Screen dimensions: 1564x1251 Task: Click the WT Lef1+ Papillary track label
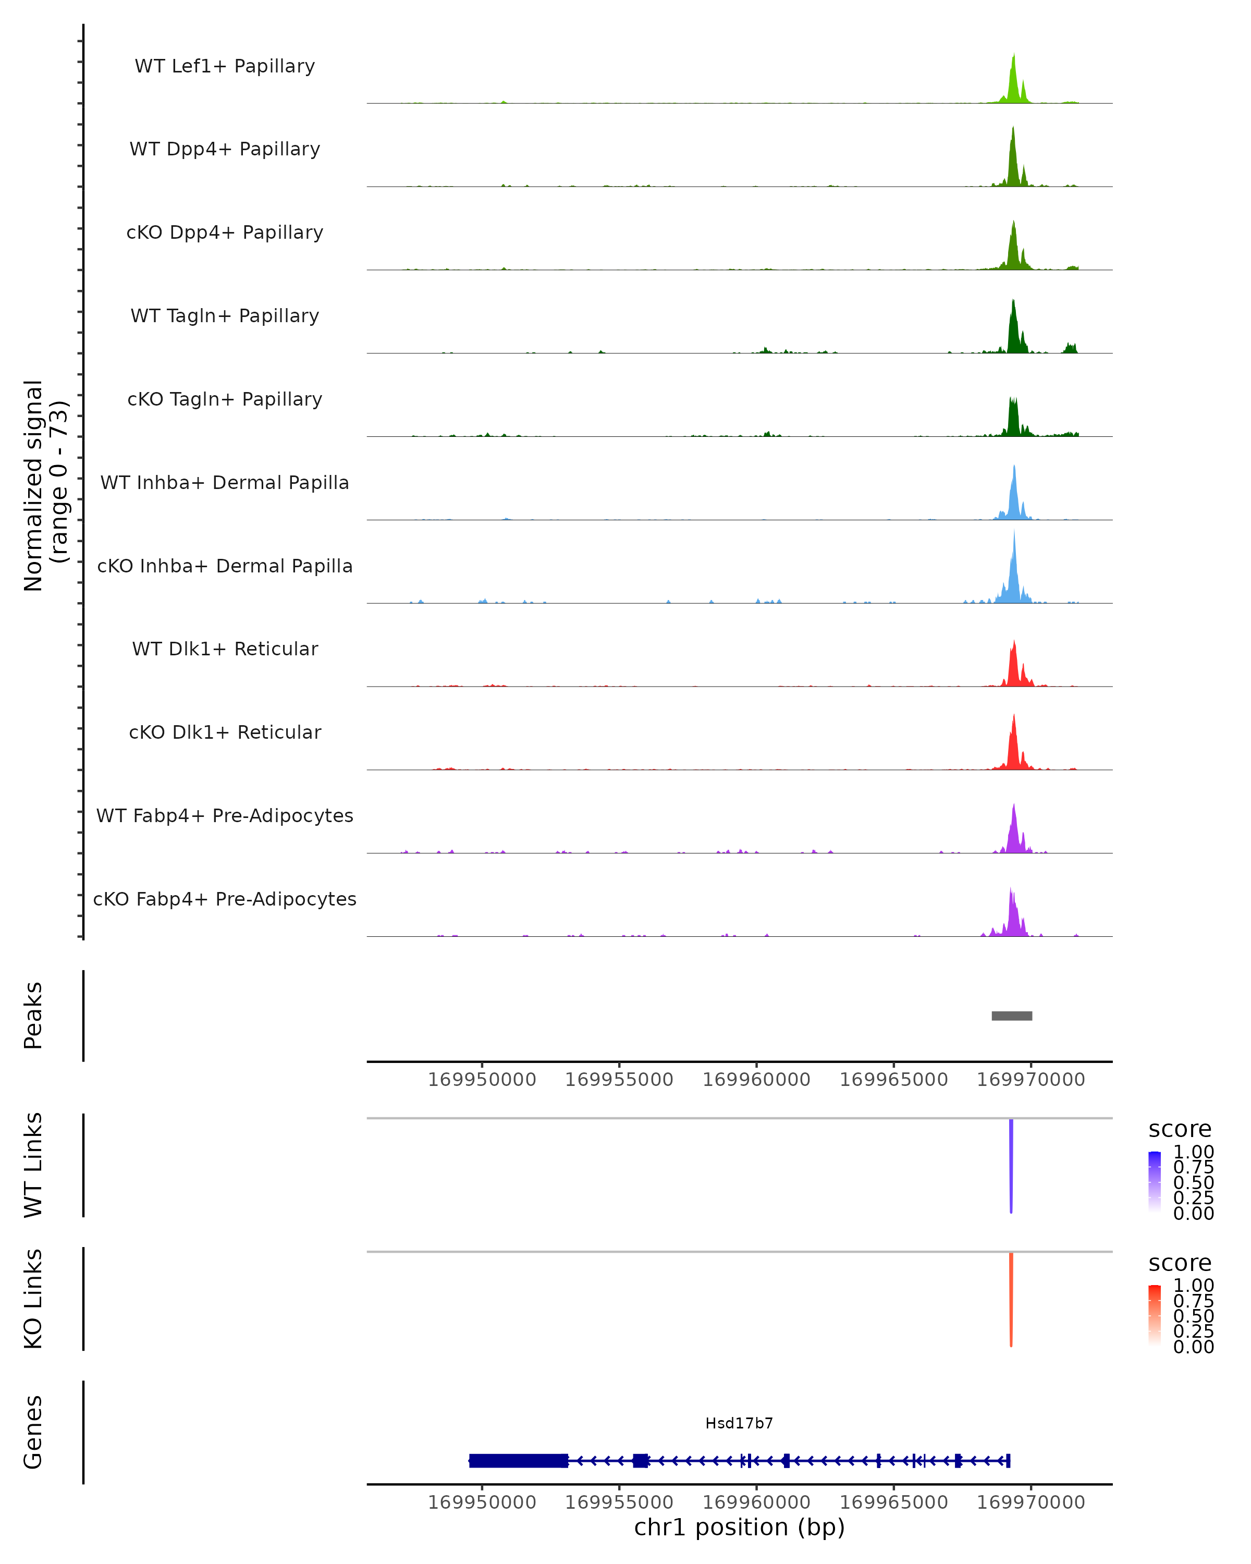click(225, 66)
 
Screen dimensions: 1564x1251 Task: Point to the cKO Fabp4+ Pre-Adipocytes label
click(225, 899)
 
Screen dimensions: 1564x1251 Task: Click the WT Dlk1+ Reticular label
click(225, 649)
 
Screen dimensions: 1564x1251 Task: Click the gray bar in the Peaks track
click(1012, 1016)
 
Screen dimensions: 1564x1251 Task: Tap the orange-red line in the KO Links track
click(1011, 1299)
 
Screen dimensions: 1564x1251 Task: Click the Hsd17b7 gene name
click(739, 1423)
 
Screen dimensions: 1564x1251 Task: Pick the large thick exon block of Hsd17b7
click(519, 1460)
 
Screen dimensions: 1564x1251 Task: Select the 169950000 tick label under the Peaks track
click(482, 1080)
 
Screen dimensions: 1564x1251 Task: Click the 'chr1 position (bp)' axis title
click(739, 1527)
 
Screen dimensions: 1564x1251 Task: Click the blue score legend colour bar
click(1155, 1181)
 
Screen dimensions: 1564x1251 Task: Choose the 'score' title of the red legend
click(1180, 1263)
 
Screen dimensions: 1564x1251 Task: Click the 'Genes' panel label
click(33, 1432)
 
